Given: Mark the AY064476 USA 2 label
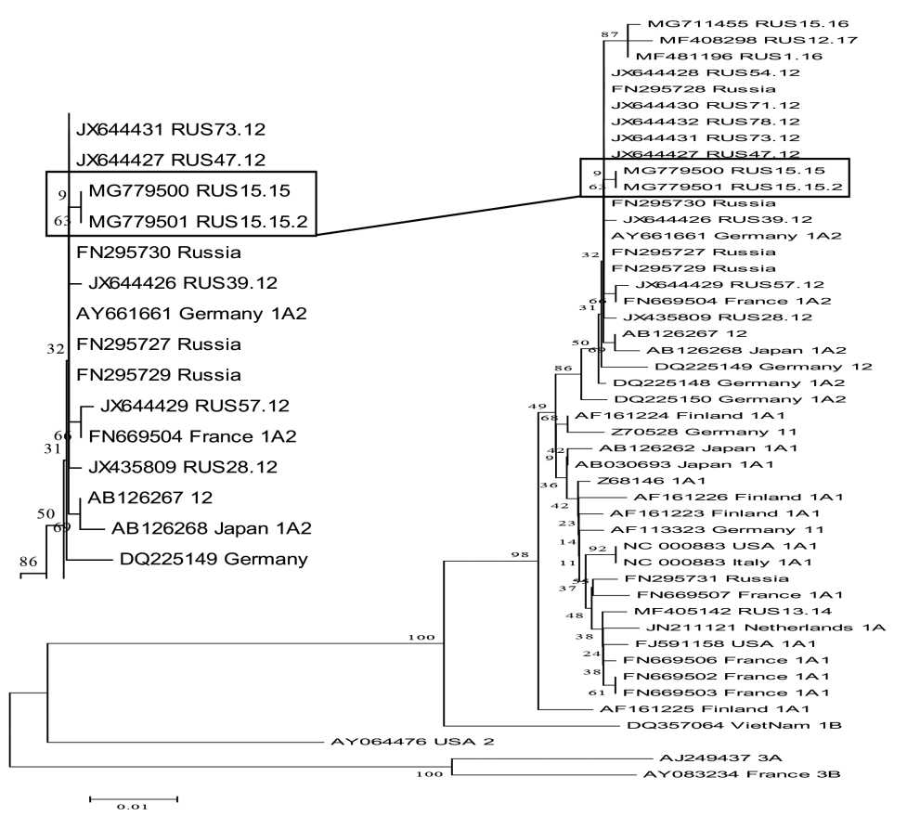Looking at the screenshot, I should pos(399,741).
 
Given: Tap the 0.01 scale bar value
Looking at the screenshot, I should pos(133,807).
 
